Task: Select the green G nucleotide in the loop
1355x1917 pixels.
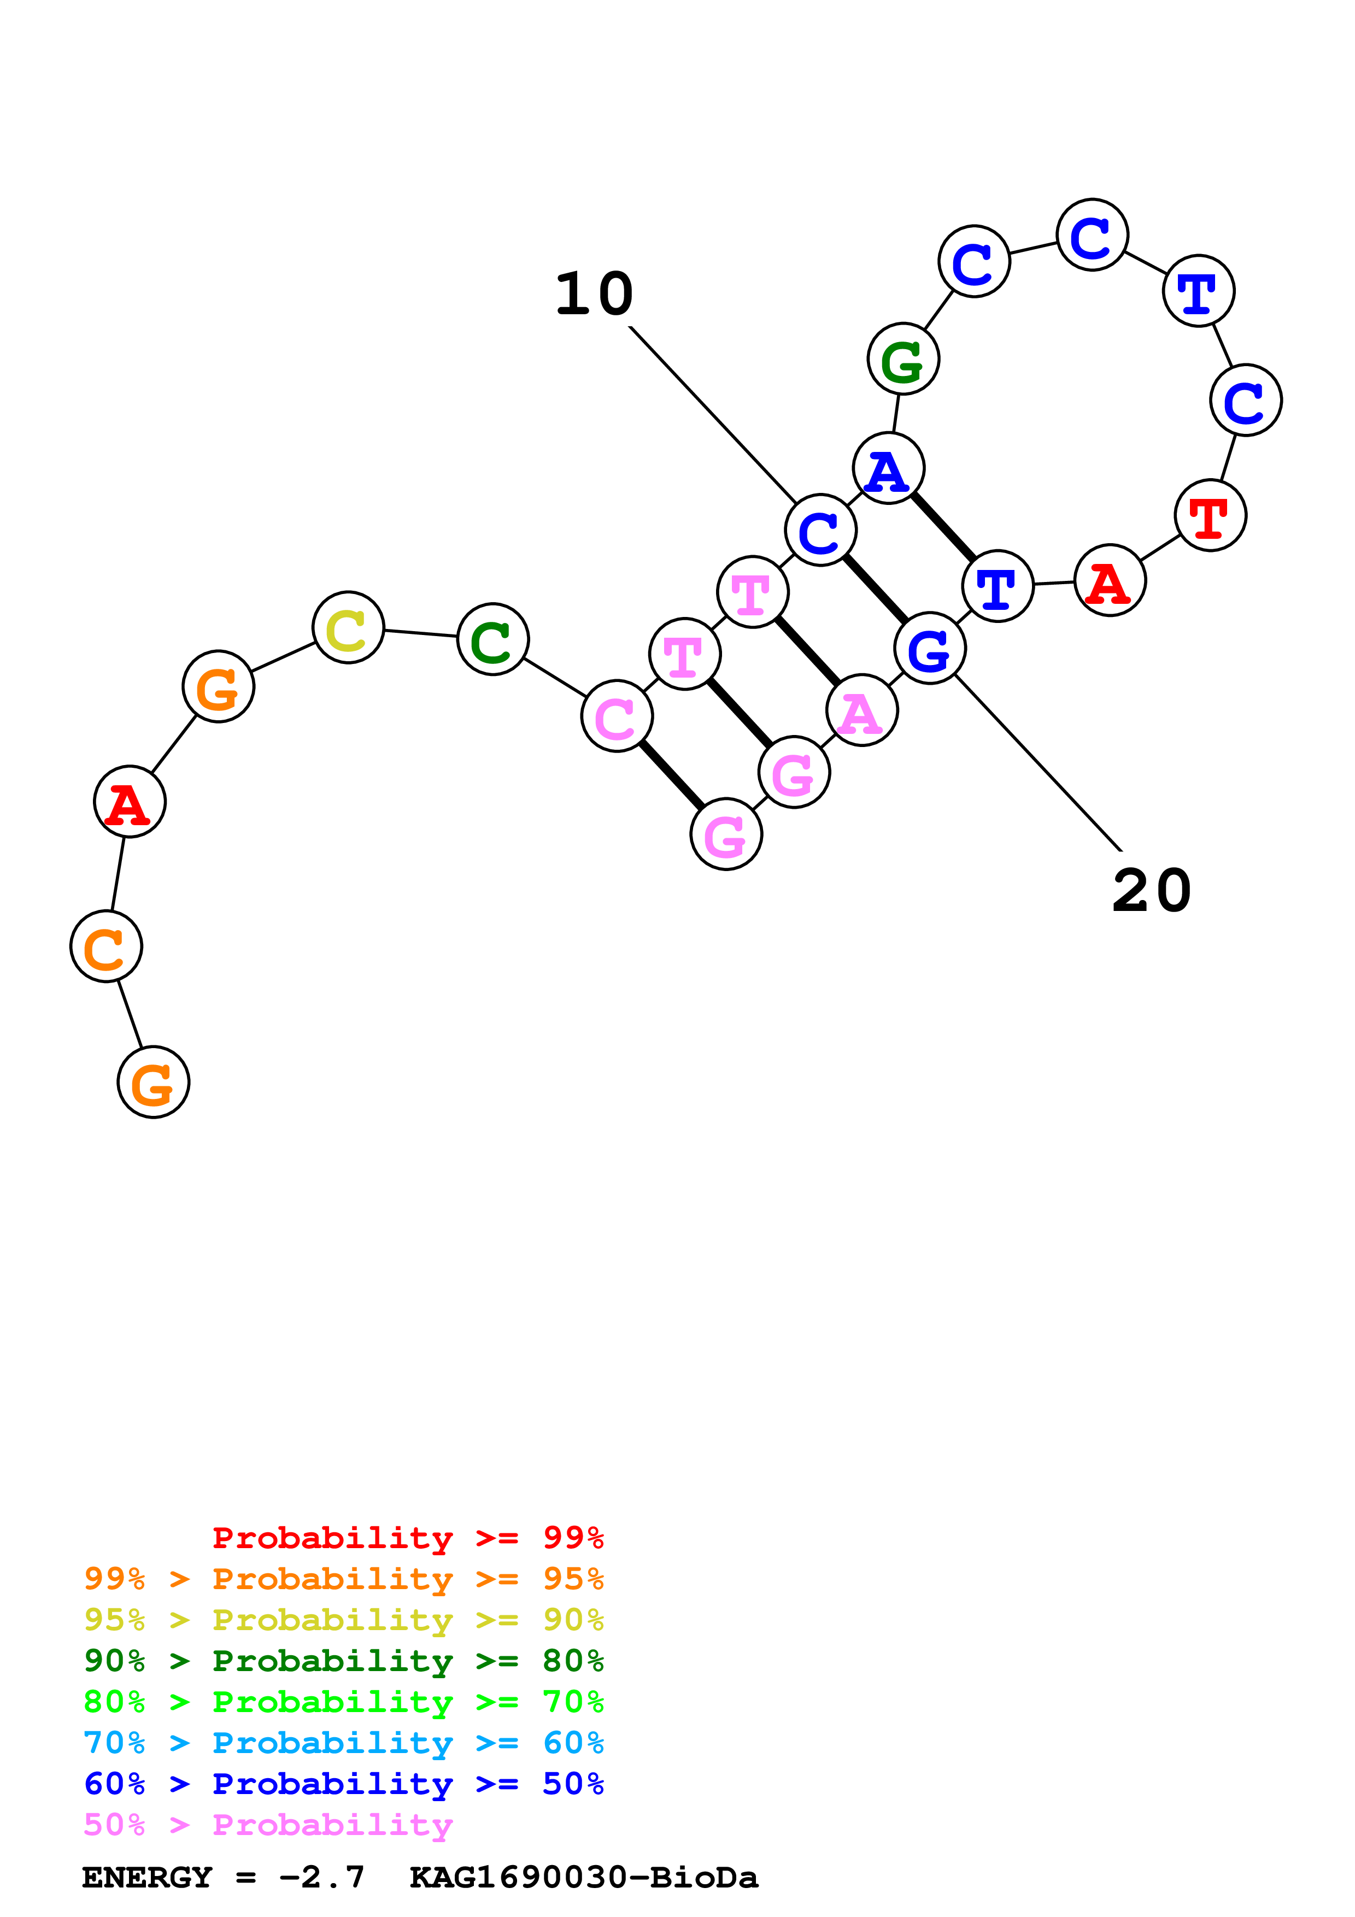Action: (904, 359)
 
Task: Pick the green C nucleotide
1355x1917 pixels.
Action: (492, 639)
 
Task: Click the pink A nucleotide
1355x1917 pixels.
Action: (861, 710)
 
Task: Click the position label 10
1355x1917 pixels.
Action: (595, 294)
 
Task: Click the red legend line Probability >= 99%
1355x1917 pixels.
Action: (407, 1537)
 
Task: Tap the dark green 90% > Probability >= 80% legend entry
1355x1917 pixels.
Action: (343, 1661)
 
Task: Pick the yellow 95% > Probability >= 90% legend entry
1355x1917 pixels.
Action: (343, 1620)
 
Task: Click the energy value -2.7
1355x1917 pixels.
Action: (322, 1877)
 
